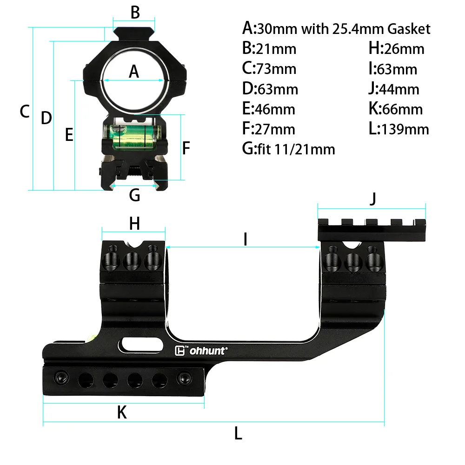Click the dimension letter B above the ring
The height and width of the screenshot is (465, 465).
click(135, 13)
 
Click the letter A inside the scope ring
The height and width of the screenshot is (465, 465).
click(134, 72)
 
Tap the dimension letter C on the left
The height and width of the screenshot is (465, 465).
click(25, 112)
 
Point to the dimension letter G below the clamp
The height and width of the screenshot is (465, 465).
click(134, 195)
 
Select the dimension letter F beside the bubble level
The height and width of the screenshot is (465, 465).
click(186, 148)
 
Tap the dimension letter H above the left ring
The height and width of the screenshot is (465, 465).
click(134, 224)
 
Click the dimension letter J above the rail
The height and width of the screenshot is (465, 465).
click(372, 199)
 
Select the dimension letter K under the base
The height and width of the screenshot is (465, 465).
click(122, 412)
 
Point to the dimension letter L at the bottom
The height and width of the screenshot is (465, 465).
click(238, 434)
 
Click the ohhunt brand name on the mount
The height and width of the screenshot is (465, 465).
click(207, 351)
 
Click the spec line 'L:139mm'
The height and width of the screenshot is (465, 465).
click(399, 129)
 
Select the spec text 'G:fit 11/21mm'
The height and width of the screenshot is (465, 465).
click(288, 149)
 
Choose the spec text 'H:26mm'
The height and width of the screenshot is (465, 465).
click(396, 48)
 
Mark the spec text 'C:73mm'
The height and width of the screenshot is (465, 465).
click(269, 68)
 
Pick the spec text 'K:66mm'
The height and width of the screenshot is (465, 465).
click(395, 109)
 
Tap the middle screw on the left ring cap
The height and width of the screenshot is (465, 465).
click(133, 261)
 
